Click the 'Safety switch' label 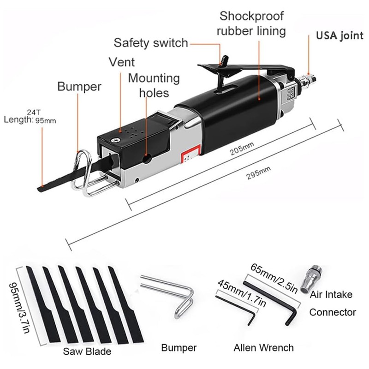click(151, 43)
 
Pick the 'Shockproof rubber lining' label click(252, 24)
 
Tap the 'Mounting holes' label click(154, 85)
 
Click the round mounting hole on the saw click(148, 159)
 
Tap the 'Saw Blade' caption click(88, 351)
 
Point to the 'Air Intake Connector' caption click(332, 303)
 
